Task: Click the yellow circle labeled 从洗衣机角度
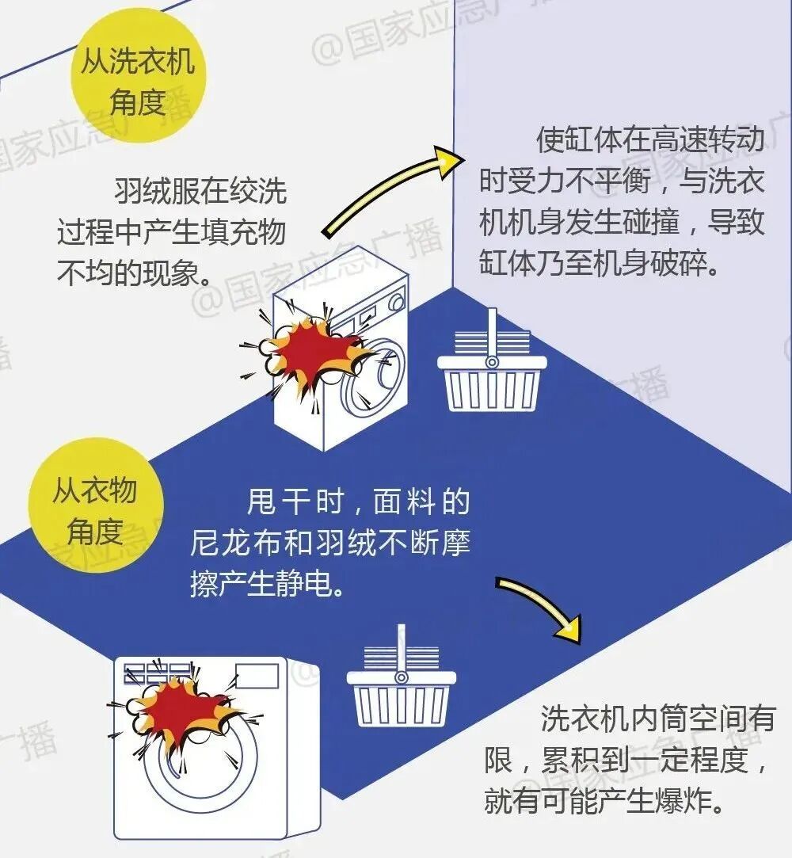point(137,82)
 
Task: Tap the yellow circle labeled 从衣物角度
point(95,511)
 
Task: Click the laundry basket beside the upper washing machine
point(492,372)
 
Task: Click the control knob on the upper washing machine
point(395,300)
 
